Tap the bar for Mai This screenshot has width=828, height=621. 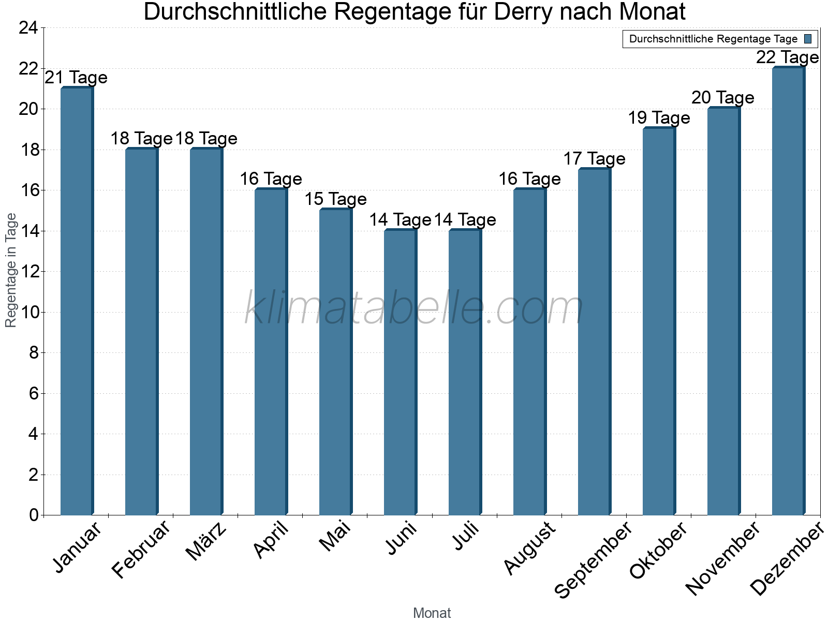click(335, 362)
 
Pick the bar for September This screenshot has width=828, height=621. click(594, 342)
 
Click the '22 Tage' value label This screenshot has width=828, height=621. click(787, 57)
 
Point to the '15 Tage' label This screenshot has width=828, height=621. click(335, 199)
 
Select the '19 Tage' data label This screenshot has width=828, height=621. click(659, 118)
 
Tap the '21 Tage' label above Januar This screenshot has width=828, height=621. click(76, 78)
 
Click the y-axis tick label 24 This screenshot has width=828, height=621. click(28, 28)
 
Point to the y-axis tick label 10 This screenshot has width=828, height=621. click(28, 312)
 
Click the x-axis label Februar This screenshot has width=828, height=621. click(140, 549)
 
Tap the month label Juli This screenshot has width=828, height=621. click(466, 536)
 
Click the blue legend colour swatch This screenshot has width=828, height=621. click(808, 39)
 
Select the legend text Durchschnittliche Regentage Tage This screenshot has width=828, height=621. click(713, 39)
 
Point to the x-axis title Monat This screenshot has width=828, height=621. click(432, 613)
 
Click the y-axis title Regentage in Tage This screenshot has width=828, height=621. click(11, 270)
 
